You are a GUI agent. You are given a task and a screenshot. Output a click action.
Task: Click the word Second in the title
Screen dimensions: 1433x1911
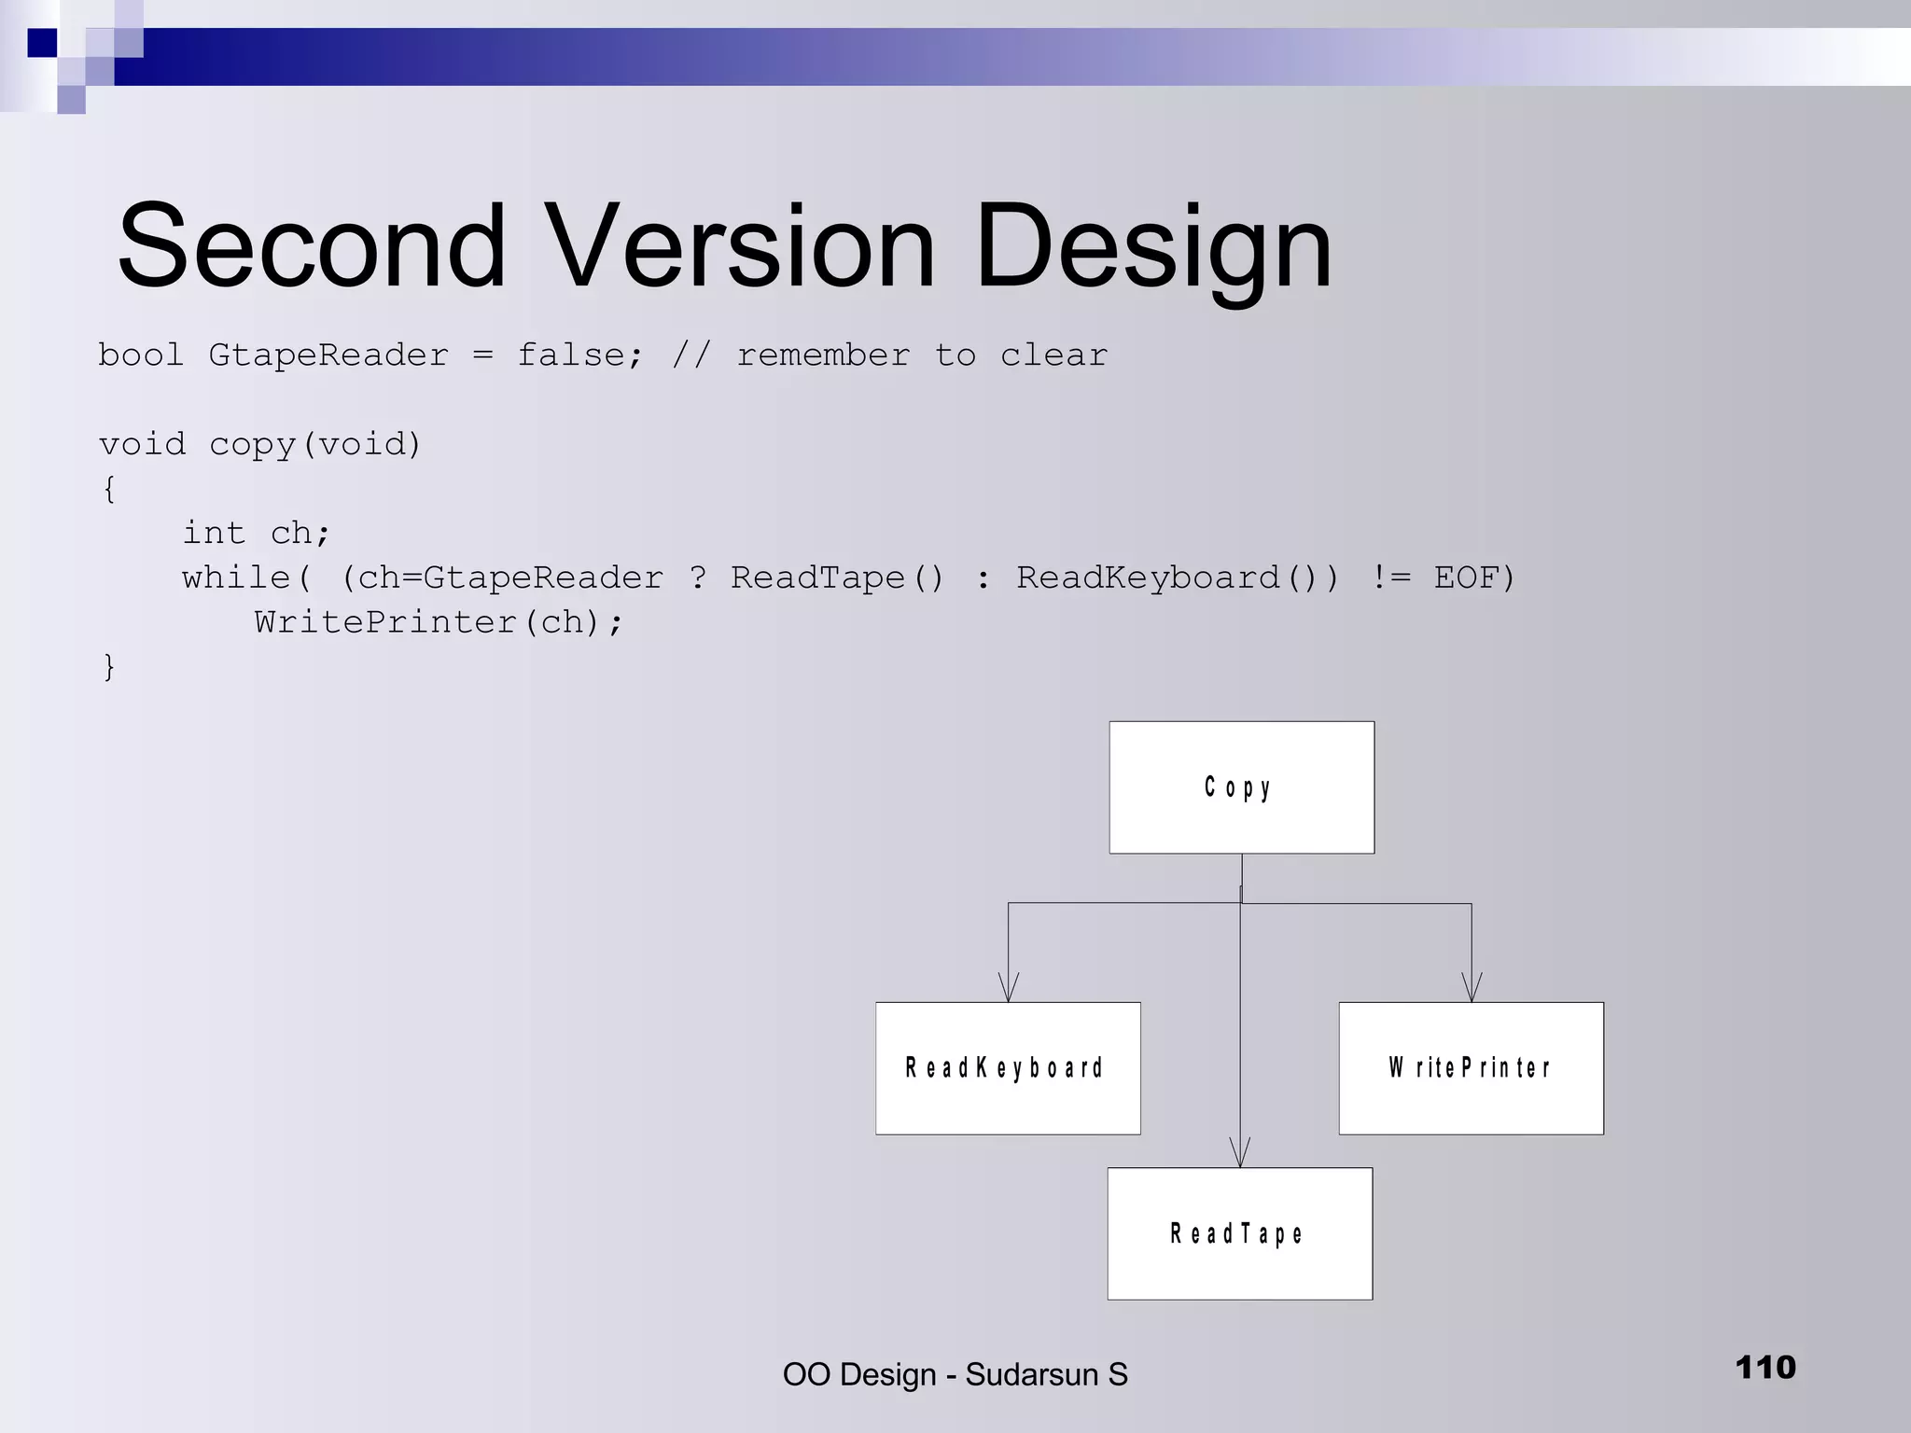(312, 247)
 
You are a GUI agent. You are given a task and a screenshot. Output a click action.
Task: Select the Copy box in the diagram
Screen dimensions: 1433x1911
(1241, 787)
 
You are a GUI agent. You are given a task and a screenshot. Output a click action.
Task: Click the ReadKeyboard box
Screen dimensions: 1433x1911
(1008, 1068)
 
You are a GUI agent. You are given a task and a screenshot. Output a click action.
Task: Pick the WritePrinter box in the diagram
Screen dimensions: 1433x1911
(1471, 1068)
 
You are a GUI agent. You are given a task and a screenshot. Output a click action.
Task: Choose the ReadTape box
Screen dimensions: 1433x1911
(1239, 1233)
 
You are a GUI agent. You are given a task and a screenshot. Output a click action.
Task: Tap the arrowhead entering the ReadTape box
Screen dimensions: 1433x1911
(1240, 1154)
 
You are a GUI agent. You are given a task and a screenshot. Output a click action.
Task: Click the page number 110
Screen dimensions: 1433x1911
(1765, 1368)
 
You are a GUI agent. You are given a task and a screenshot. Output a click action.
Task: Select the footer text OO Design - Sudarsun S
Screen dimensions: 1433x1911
(955, 1374)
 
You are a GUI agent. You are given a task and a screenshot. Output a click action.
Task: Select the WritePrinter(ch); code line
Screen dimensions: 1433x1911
(439, 622)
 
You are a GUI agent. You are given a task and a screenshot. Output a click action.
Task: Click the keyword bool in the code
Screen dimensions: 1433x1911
(141, 355)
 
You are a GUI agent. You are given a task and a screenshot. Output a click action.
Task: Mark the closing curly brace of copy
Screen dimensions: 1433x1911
(109, 667)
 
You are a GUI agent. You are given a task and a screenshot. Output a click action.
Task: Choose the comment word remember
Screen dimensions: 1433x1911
(822, 355)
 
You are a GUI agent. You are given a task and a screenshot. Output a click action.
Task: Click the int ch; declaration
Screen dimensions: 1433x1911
(256, 534)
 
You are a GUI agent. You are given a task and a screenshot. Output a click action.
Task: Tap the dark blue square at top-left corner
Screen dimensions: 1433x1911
(42, 43)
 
